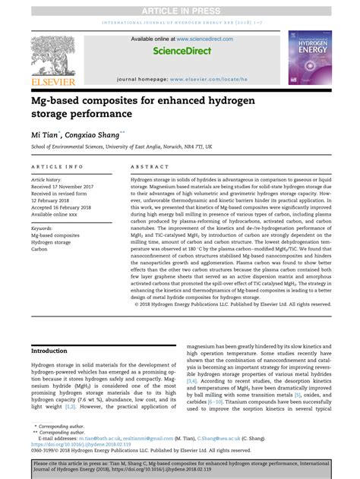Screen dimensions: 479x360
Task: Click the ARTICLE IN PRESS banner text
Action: pos(180,6)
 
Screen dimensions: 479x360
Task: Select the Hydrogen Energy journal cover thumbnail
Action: pos(308,57)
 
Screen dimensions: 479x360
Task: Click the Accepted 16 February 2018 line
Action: pos(67,209)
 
